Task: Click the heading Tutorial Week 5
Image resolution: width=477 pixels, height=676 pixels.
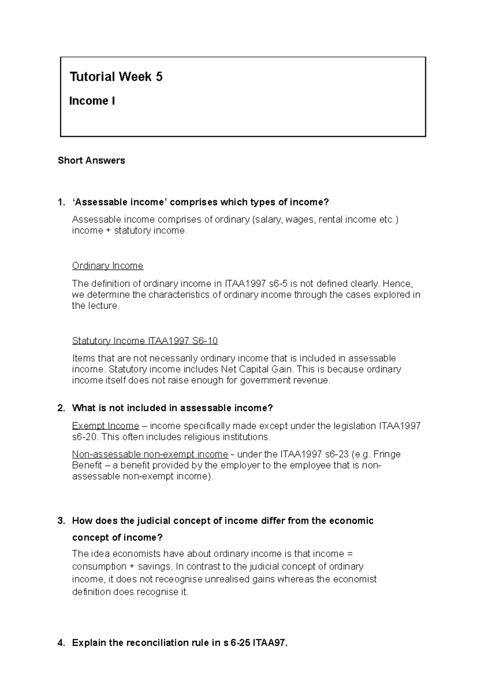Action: (116, 76)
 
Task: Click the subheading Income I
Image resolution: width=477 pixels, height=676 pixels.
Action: (92, 101)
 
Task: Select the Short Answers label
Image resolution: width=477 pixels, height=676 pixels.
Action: (91, 160)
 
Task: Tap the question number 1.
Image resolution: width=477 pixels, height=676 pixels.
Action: (61, 202)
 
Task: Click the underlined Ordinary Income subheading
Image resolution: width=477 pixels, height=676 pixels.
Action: (107, 266)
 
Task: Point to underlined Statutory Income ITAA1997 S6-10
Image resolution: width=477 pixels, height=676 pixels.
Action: (145, 341)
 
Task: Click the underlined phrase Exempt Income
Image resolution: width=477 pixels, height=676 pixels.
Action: (105, 426)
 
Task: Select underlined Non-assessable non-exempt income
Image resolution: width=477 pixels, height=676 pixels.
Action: (150, 454)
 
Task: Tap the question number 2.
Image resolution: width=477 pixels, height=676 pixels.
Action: (61, 408)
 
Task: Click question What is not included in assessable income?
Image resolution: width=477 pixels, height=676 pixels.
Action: (172, 408)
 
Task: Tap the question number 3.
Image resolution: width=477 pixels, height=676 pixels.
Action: (61, 521)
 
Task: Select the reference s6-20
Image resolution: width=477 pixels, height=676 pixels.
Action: (84, 437)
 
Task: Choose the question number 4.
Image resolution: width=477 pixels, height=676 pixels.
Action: (61, 643)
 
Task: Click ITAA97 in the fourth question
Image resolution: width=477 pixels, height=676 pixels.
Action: (270, 643)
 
